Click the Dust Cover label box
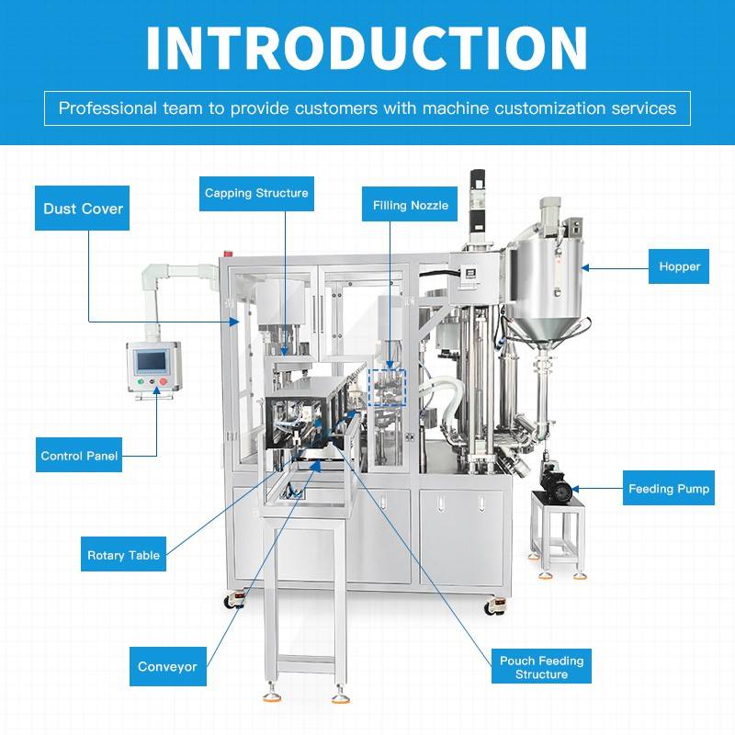pos(82,209)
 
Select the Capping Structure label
pos(256,194)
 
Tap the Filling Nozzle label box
pos(410,204)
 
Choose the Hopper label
pos(679,266)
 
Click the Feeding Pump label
pos(669,488)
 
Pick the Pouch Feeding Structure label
pos(541,666)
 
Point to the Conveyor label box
pos(168,666)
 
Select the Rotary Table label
pos(123,554)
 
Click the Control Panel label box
pos(79,455)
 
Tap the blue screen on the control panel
pos(151,361)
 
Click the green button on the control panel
pos(141,382)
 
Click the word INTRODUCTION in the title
pos(367,48)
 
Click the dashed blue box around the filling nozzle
pos(387,388)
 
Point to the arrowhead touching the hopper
pos(585,267)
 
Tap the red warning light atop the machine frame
pos(229,254)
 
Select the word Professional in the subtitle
pos(107,108)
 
